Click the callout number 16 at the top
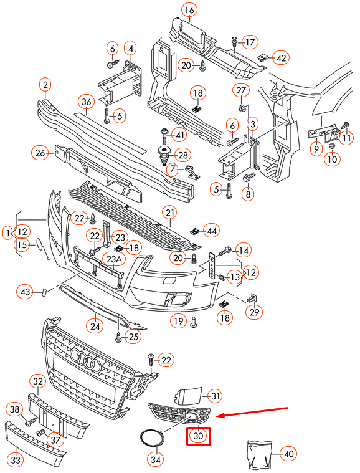point(189,10)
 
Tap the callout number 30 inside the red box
point(199,436)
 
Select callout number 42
point(282,58)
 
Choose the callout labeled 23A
point(114,259)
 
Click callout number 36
point(86,102)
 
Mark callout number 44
point(212,231)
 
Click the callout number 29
point(254,312)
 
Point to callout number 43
point(25,292)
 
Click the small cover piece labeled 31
point(188,395)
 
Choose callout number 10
point(332,160)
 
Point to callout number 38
point(14,409)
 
